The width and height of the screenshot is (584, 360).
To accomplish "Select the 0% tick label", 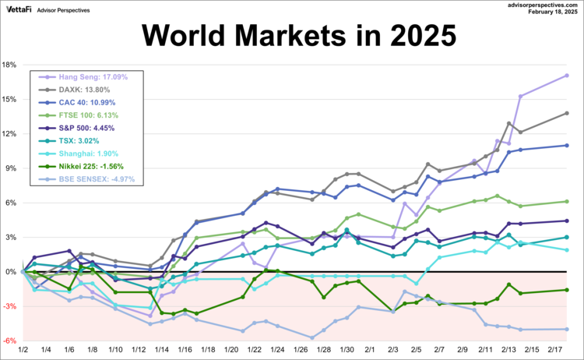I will tap(11, 272).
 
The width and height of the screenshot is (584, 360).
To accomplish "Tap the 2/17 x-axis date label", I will tap(557, 351).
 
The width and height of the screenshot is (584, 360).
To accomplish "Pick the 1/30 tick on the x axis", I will tap(347, 351).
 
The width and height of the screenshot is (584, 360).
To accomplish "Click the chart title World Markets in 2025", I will tap(292, 35).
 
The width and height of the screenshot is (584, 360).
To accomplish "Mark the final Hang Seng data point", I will tap(567, 76).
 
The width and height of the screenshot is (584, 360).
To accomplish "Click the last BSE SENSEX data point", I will tap(567, 329).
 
